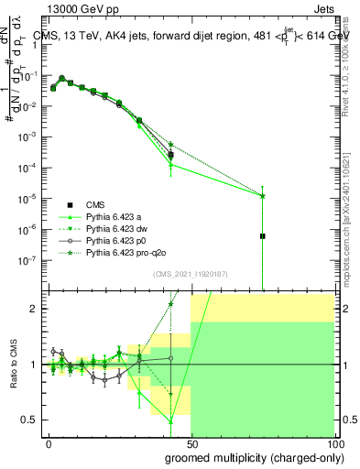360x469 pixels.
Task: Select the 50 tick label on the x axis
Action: (191, 443)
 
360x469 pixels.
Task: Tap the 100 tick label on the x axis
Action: (333, 443)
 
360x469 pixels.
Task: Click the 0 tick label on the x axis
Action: (49, 443)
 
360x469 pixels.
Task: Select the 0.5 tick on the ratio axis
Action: (33, 420)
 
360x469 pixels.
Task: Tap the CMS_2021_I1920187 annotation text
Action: (185, 274)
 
